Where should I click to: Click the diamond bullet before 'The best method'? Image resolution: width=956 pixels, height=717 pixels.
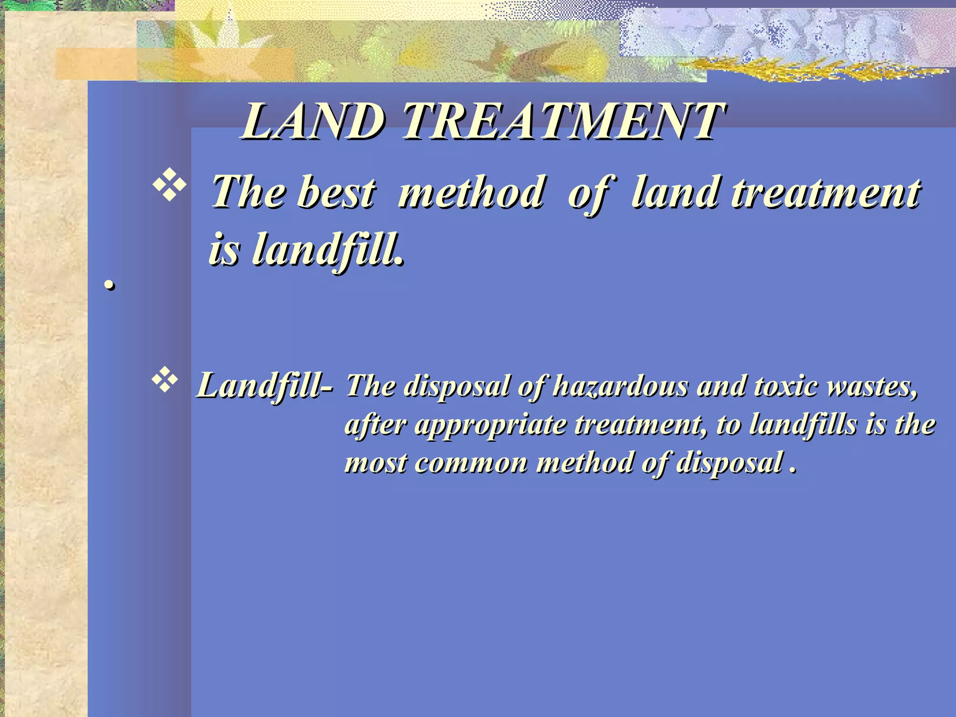169,187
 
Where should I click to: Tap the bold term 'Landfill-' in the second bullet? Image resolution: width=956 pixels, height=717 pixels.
265,387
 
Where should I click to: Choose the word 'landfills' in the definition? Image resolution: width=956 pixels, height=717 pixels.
803,425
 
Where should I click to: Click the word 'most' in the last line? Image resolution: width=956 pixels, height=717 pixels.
376,463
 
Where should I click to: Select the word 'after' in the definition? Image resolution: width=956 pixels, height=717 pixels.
376,425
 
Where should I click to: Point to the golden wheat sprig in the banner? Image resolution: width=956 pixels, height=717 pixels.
822,70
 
